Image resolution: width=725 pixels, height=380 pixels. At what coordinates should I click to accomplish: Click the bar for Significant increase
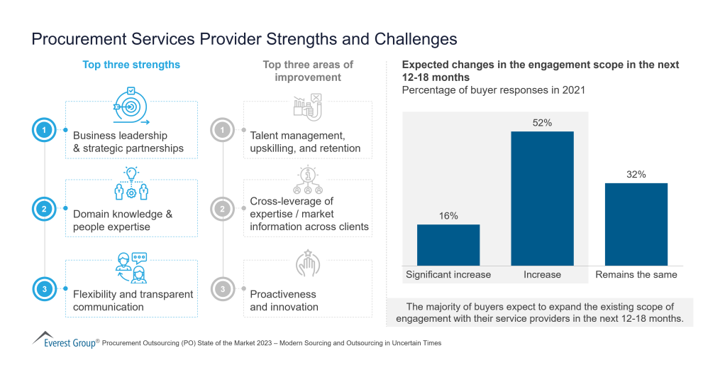448,245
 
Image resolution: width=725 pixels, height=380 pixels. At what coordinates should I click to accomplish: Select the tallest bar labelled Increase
542,198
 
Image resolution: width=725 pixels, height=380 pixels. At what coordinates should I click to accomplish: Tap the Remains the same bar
636,224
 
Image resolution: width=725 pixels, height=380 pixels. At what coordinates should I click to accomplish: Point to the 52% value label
542,123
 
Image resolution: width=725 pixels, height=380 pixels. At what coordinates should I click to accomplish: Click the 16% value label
448,216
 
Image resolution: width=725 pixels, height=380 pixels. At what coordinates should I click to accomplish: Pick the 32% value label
636,175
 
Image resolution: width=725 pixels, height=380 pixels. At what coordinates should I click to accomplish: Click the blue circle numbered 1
44,130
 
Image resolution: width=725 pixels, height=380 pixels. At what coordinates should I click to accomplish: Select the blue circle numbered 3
44,289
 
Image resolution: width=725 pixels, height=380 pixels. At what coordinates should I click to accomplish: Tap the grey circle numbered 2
222,209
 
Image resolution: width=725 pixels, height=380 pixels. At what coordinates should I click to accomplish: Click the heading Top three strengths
131,65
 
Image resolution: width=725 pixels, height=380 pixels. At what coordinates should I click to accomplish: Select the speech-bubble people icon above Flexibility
131,267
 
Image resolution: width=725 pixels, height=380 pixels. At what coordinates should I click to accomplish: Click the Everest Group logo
64,340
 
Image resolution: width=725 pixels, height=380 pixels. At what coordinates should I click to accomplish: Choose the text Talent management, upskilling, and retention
305,142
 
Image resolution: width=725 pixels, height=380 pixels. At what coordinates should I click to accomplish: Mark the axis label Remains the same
636,275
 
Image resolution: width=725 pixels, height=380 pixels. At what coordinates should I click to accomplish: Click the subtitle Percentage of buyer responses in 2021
493,90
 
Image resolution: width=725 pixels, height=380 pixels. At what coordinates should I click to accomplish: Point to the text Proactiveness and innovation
284,300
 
